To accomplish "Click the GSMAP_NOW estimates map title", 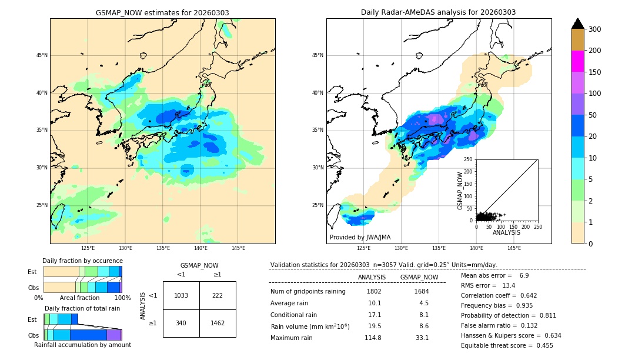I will click(162, 13).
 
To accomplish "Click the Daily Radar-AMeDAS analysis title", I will click(438, 13).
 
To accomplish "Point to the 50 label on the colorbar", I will click(592, 115).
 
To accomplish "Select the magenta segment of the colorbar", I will click(578, 61).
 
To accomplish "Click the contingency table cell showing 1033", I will click(181, 295).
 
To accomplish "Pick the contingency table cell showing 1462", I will click(218, 323).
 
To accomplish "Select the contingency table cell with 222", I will click(218, 295).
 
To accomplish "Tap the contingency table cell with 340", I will click(181, 323).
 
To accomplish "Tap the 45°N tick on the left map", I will click(42, 55).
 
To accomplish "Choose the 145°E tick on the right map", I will click(514, 248).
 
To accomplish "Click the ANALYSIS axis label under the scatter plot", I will click(506, 232).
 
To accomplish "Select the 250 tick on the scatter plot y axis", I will click(468, 159).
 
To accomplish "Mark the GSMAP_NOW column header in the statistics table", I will click(419, 277).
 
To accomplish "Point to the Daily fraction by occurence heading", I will click(82, 261).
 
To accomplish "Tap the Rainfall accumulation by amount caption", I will click(82, 345).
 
